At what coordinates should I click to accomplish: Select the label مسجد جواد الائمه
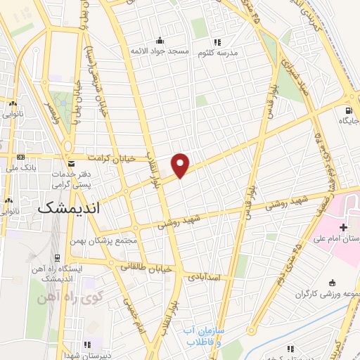[x=158, y=51]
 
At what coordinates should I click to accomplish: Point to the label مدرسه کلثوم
[x=225, y=53]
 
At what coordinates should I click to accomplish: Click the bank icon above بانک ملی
[x=20, y=156]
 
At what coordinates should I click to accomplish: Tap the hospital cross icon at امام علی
[x=342, y=228]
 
